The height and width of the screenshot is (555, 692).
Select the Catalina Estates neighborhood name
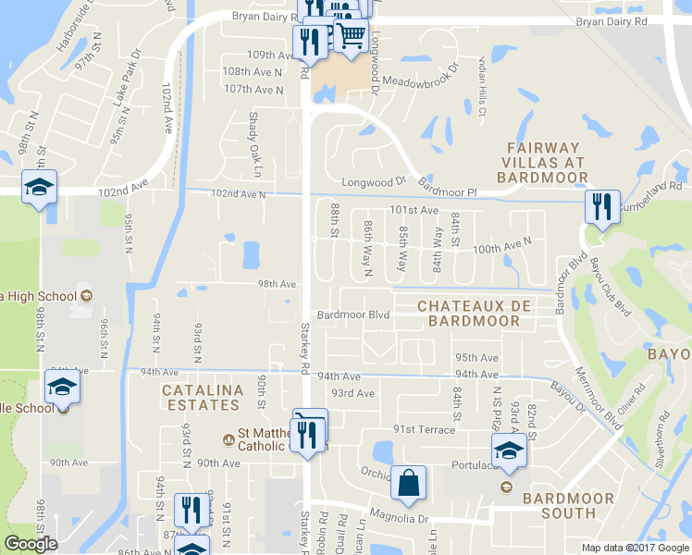pos(203,398)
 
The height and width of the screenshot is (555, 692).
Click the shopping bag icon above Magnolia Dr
pos(407,482)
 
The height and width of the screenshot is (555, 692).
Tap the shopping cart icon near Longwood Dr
pos(350,36)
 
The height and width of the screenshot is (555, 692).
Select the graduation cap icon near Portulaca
pos(508,450)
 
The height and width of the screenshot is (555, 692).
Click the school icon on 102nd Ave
pos(39,187)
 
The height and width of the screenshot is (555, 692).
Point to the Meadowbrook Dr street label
pos(421,75)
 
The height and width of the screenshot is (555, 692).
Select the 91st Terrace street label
pos(425,429)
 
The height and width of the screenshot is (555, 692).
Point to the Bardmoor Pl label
pos(446,188)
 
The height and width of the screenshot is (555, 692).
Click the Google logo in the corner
pos(31,544)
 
